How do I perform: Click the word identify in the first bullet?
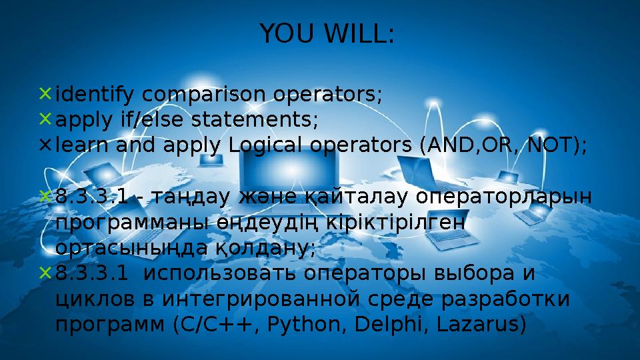pyautogui.click(x=94, y=95)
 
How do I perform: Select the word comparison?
pyautogui.click(x=203, y=95)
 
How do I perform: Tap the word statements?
pyautogui.click(x=254, y=119)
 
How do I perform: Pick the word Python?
pyautogui.click(x=303, y=325)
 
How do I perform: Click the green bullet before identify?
pyautogui.click(x=45, y=93)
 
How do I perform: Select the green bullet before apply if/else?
pyautogui.click(x=45, y=119)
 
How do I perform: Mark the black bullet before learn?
pyautogui.click(x=45, y=145)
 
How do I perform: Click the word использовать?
pyautogui.click(x=219, y=273)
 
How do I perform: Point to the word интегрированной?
pyautogui.click(x=261, y=299)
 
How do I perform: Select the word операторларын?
pyautogui.click(x=504, y=197)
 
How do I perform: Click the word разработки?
pyautogui.click(x=505, y=299)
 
